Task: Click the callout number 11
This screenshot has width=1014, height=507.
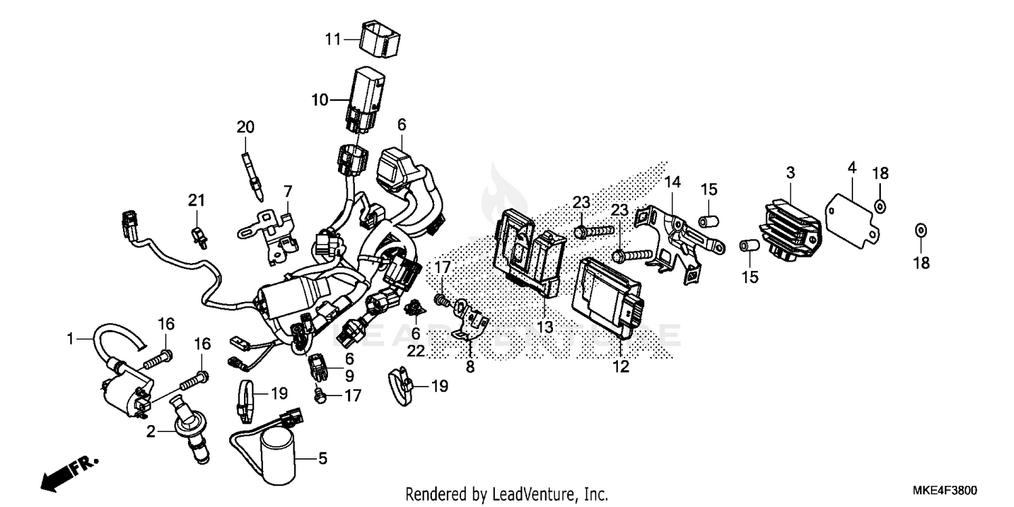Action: point(333,39)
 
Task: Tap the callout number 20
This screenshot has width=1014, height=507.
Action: point(245,126)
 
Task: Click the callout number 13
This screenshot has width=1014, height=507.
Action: point(545,327)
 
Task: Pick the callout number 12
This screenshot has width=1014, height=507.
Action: point(621,367)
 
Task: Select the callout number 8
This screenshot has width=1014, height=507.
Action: point(470,367)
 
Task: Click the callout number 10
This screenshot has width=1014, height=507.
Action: point(319,100)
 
